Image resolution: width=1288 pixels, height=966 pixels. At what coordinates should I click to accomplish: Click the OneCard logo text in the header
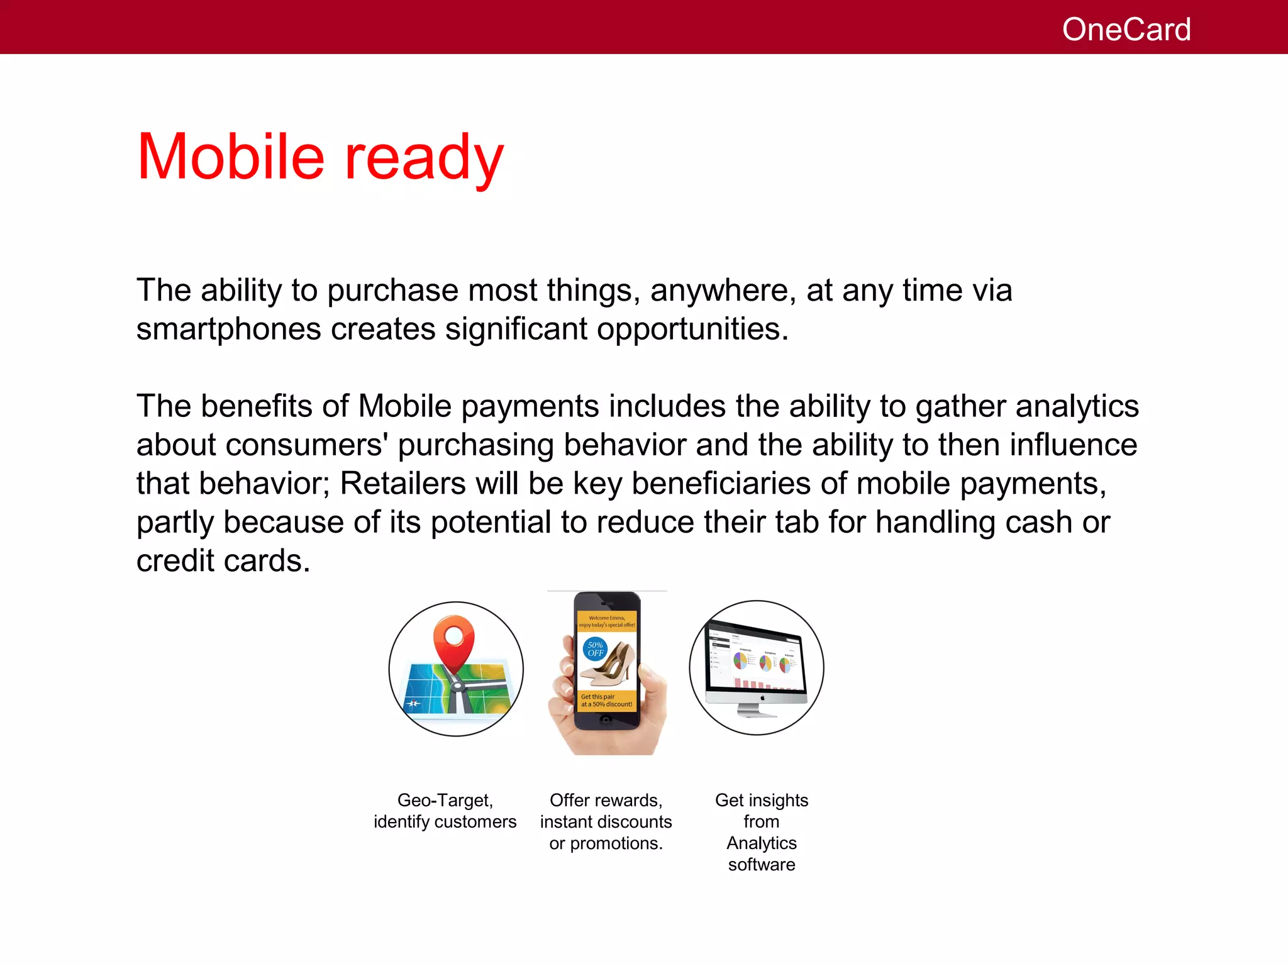coord(1126,30)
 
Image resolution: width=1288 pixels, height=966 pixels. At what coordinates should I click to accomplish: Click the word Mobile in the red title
coord(230,157)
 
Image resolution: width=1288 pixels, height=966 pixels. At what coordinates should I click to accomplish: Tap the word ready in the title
coord(424,158)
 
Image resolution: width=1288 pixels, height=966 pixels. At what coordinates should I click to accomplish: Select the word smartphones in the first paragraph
coord(228,330)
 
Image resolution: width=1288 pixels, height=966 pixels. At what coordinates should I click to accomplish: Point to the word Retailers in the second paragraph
coord(403,484)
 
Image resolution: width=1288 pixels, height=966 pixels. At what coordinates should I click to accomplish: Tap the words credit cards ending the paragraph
coord(223,561)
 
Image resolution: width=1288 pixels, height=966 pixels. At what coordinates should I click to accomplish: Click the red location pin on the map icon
coord(453,642)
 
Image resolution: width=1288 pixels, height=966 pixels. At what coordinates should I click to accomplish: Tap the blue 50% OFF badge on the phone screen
coord(595,649)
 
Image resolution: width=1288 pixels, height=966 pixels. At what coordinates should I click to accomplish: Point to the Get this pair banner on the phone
coord(606,701)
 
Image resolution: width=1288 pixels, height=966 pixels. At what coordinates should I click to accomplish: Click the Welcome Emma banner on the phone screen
coord(607,621)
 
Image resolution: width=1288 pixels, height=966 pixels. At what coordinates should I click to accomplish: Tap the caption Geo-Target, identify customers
coord(445,811)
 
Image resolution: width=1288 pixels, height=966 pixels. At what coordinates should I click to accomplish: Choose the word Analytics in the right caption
coord(762,843)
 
